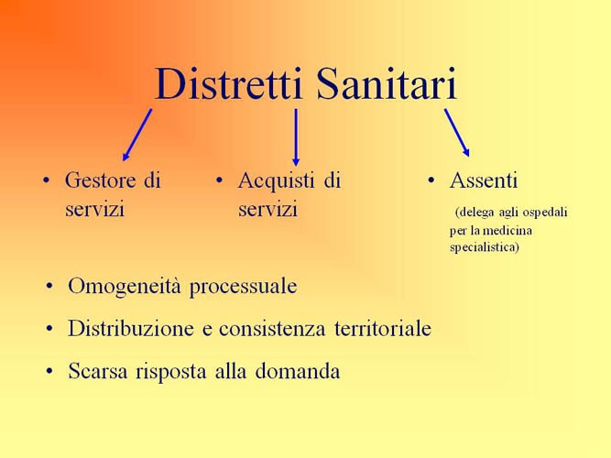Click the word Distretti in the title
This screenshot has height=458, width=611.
pyautogui.click(x=228, y=84)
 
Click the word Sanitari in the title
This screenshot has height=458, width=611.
pyautogui.click(x=386, y=84)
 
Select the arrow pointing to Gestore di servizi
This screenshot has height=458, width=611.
pyautogui.click(x=137, y=135)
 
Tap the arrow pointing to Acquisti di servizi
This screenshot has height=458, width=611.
pyautogui.click(x=296, y=136)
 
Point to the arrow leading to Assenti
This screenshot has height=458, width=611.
pyautogui.click(x=457, y=133)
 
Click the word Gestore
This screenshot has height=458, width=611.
pyautogui.click(x=101, y=180)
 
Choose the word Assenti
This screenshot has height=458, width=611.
pyautogui.click(x=483, y=180)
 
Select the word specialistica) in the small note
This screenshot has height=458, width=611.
pyautogui.click(x=485, y=247)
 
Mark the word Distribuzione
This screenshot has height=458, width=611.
pyautogui.click(x=131, y=328)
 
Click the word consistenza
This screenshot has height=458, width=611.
pyautogui.click(x=272, y=329)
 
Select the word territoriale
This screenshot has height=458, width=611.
pyautogui.click(x=383, y=329)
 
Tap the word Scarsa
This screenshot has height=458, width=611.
pyautogui.click(x=98, y=371)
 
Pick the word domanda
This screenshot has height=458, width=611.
pyautogui.click(x=298, y=371)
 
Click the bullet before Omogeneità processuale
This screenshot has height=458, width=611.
pyautogui.click(x=49, y=287)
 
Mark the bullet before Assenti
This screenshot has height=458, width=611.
pyautogui.click(x=431, y=180)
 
